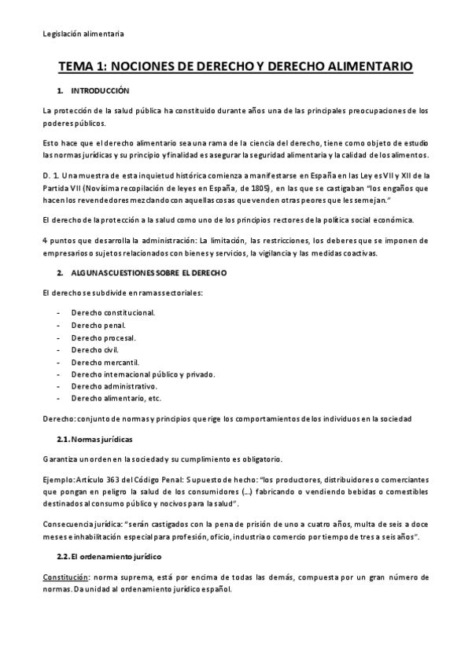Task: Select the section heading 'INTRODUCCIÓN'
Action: (100, 92)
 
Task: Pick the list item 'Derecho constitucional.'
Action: (112, 312)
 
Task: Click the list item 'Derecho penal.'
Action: (98, 325)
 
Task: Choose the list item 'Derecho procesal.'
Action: (103, 337)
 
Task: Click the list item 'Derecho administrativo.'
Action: (114, 386)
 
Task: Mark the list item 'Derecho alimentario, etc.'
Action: (116, 399)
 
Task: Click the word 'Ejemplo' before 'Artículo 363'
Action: (59, 479)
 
